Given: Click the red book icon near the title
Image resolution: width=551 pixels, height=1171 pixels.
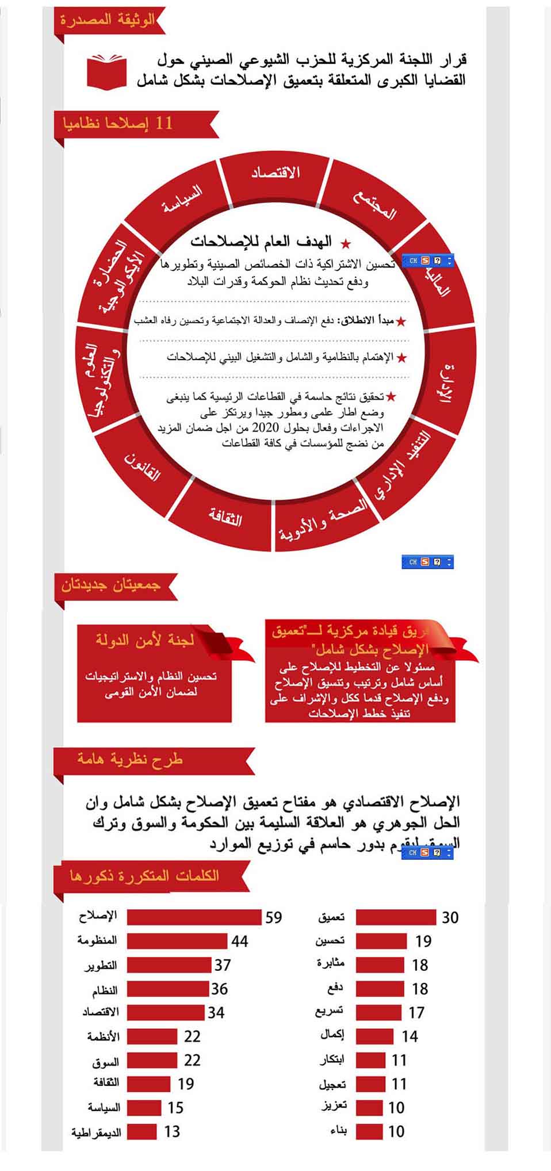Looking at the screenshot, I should tap(106, 71).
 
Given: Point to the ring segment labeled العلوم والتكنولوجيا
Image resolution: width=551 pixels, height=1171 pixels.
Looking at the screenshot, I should tap(104, 380).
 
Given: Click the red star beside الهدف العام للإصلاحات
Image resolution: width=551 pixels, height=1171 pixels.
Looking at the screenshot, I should tap(345, 243).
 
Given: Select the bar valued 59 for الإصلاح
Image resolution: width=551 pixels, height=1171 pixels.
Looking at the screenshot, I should tap(194, 917).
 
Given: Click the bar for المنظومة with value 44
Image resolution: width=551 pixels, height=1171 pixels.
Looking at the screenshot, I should tap(178, 941).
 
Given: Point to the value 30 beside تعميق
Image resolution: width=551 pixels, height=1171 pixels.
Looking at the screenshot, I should tap(450, 918).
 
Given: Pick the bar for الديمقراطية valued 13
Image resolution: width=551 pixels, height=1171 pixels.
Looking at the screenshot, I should tap(142, 1131).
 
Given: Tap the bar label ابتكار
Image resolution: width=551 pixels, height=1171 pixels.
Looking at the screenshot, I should tap(332, 1059).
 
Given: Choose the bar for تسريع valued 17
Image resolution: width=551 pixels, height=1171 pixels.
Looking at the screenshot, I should tap(378, 1012).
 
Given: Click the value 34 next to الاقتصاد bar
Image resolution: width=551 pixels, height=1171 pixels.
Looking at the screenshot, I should tap(216, 1012).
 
